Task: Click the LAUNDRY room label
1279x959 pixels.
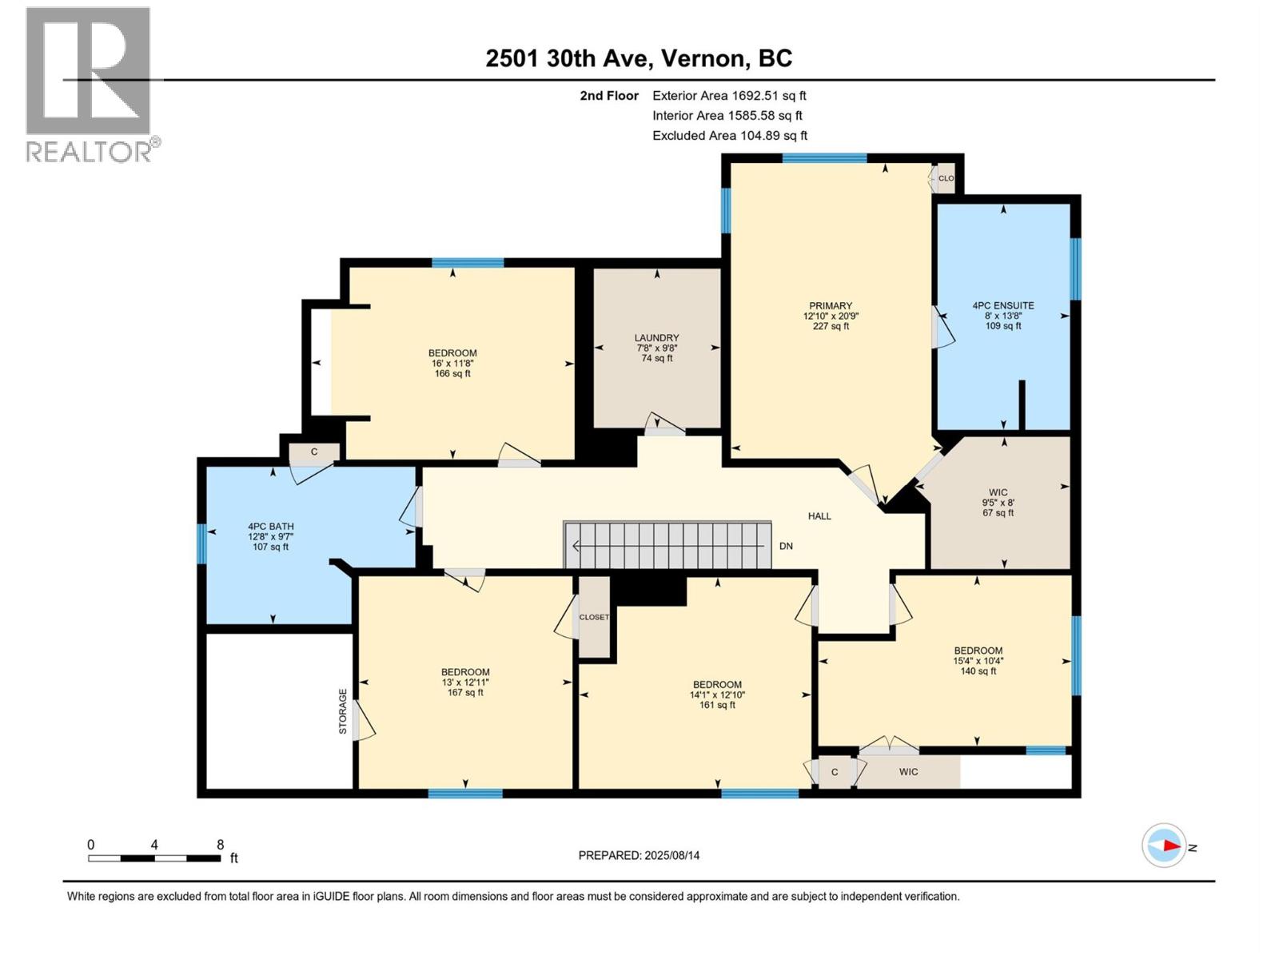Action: (x=656, y=348)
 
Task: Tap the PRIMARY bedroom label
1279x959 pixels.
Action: (x=831, y=316)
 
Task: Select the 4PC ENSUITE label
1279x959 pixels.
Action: (x=1002, y=315)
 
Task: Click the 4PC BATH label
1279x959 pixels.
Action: (x=270, y=536)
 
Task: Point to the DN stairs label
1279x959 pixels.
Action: (x=786, y=546)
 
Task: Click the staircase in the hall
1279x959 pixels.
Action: (x=667, y=545)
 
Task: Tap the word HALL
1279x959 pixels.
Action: (x=819, y=516)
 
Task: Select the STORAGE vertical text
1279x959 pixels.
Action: (x=343, y=711)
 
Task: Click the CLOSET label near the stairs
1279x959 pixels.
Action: (x=594, y=617)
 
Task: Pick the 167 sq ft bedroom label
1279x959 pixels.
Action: (x=465, y=682)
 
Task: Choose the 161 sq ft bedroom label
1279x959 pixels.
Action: (x=717, y=694)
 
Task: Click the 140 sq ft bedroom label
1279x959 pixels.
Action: (x=978, y=661)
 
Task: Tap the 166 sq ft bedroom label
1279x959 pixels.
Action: (x=452, y=363)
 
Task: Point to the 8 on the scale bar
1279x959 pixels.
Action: (x=220, y=845)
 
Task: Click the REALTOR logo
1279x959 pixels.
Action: (x=90, y=84)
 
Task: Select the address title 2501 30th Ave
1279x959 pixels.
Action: (x=639, y=58)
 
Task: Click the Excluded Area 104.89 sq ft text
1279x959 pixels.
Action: (x=729, y=136)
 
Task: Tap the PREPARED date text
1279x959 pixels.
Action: (x=639, y=855)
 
